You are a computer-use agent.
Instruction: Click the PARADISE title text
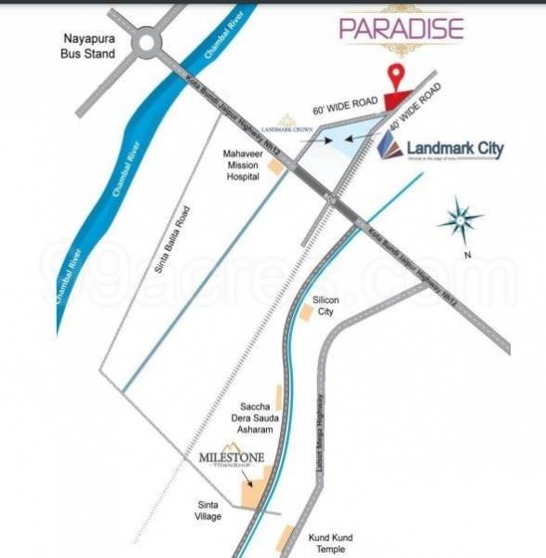tap(401, 27)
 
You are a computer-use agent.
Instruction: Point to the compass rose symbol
tap(459, 220)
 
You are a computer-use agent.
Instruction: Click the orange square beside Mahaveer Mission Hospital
tap(274, 166)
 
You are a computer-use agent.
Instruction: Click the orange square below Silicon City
tap(306, 313)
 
